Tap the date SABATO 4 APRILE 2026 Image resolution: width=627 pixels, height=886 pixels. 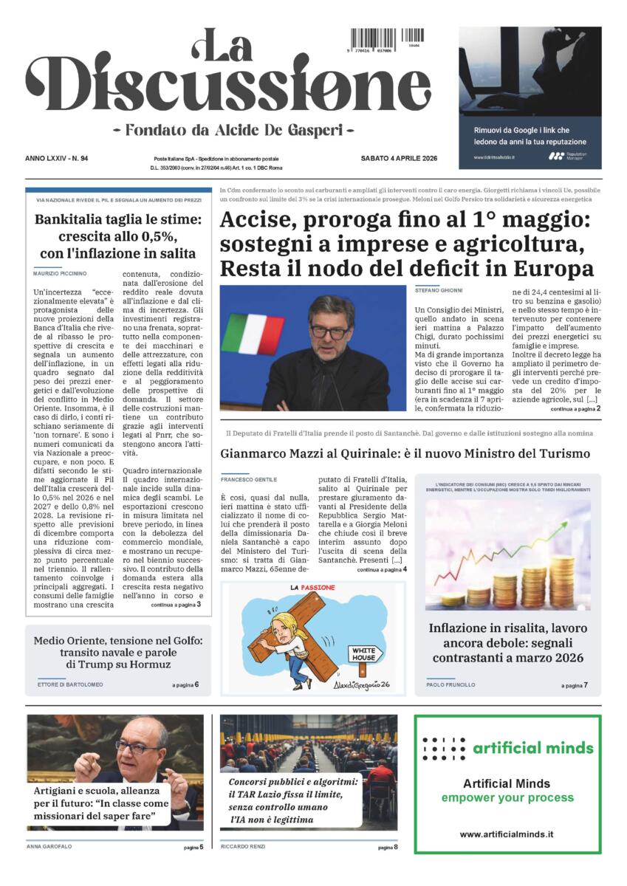coord(399,159)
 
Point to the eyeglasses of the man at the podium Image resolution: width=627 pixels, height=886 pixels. coord(330,332)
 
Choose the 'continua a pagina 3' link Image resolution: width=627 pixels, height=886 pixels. coord(175,605)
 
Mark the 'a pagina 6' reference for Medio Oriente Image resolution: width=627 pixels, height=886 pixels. coord(185,685)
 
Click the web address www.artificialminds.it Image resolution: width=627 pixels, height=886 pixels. coord(507,834)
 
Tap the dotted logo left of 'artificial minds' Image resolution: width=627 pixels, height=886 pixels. coord(443,748)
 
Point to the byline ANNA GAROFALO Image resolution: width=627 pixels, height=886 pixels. coord(49,847)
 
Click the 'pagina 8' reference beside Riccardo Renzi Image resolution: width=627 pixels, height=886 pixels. coord(388,848)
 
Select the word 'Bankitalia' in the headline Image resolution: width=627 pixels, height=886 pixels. coord(75,219)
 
